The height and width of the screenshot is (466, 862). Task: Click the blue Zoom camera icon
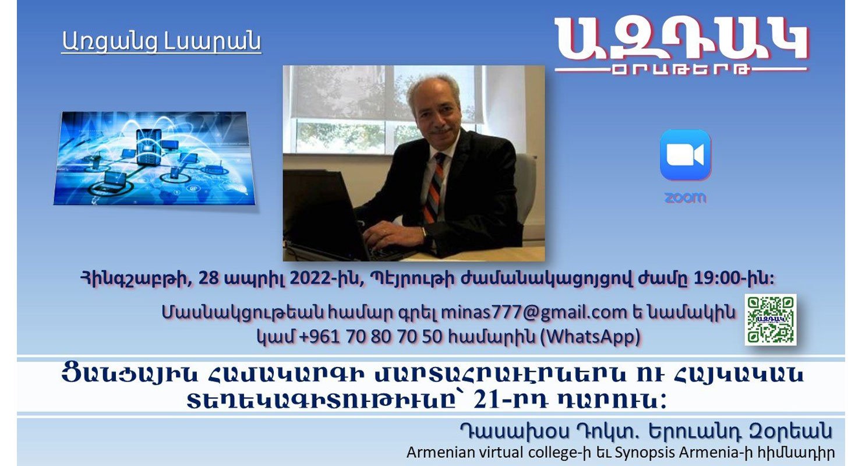686,155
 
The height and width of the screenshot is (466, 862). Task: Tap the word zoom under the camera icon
686,198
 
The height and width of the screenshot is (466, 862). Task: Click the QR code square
771,319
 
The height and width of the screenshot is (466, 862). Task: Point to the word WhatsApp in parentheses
591,337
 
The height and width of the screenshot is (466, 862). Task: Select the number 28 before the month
209,278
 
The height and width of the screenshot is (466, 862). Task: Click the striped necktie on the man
434,188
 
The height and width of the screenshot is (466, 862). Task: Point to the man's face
437,115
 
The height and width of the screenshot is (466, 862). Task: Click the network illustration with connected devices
154,158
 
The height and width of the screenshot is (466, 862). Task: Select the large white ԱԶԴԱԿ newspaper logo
681,46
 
